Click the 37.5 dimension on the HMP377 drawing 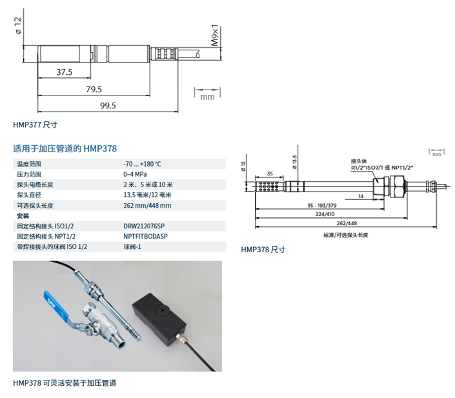click(x=65, y=72)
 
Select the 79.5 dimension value click(x=94, y=89)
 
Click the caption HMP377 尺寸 click(x=35, y=124)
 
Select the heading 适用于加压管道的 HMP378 click(x=64, y=148)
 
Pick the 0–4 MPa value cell click(x=136, y=174)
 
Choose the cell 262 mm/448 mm click(x=147, y=205)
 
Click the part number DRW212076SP click(x=145, y=226)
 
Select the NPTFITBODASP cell click(x=146, y=236)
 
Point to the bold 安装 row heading click(x=23, y=215)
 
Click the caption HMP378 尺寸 click(x=263, y=249)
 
